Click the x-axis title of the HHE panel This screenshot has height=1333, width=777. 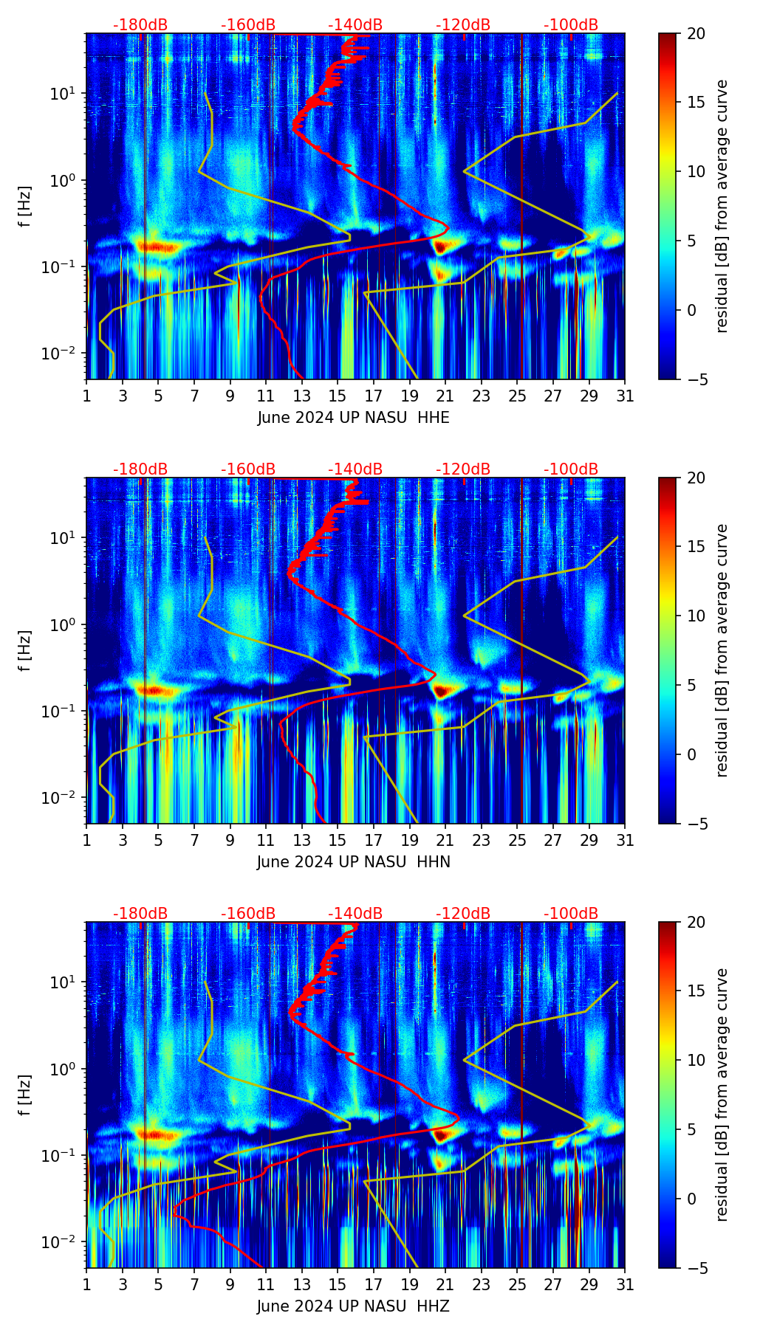tap(353, 418)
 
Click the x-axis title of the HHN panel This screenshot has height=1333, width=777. tap(353, 862)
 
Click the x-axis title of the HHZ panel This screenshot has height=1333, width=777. tap(353, 1306)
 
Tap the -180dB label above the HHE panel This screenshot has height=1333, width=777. tap(140, 25)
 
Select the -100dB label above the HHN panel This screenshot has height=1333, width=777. tap(571, 469)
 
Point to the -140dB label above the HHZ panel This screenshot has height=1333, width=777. tap(355, 914)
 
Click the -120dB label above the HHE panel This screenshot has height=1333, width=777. tap(463, 25)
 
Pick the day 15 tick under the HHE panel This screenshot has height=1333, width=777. tap(338, 396)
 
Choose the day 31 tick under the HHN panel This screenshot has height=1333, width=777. tap(625, 841)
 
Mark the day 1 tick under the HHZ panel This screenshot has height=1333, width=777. tap(86, 1285)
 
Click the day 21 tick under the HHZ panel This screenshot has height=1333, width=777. tap(445, 1285)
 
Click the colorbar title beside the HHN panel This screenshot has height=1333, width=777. tap(722, 650)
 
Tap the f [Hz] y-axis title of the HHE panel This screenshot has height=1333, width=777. tap(24, 206)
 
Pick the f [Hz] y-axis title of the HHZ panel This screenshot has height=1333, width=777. tap(24, 1095)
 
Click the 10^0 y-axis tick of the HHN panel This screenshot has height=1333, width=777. tap(65, 624)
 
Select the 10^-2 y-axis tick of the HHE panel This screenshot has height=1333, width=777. tap(64, 354)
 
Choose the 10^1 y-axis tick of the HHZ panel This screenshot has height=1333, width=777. tap(65, 982)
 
